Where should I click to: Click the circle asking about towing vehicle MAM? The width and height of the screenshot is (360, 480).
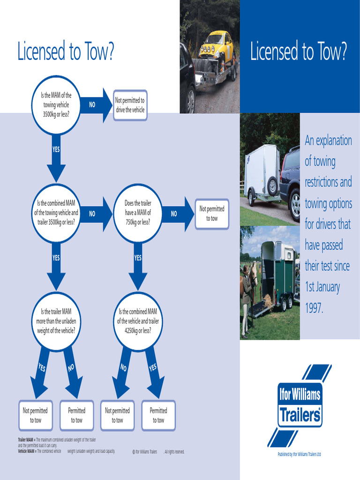(x=56, y=105)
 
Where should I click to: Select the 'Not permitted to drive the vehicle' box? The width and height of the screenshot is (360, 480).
(x=130, y=105)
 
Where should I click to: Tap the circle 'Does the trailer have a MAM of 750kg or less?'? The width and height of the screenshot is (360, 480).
(x=138, y=213)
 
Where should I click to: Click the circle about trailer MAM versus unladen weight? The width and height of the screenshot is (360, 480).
(x=56, y=321)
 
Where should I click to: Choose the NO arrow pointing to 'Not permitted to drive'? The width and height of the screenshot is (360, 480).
(x=94, y=105)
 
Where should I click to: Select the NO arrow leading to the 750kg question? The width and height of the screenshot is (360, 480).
(x=94, y=213)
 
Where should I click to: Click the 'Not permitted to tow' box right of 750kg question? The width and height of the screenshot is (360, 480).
(x=212, y=213)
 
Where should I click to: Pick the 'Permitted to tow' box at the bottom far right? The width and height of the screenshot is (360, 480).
(x=158, y=415)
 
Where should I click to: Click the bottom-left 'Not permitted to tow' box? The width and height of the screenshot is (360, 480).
(x=35, y=415)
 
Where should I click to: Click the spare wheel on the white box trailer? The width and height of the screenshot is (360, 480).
(x=272, y=186)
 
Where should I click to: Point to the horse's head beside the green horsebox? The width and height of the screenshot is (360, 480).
(x=254, y=274)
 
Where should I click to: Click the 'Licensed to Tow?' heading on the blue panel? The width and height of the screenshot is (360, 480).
(x=299, y=52)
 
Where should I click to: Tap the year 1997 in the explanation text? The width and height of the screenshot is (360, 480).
(x=314, y=308)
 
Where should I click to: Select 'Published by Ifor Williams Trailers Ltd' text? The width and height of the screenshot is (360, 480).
(x=299, y=454)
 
